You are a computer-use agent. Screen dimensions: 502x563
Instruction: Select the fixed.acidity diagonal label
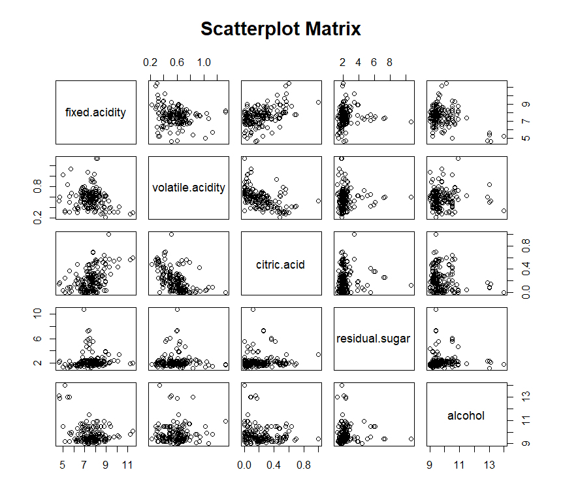point(96,112)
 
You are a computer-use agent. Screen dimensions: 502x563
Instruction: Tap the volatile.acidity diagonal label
point(189,188)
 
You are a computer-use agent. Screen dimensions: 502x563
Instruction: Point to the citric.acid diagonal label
point(281,265)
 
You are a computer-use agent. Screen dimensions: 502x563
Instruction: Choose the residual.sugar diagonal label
point(374,339)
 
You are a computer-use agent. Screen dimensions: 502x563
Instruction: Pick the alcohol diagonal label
point(466,415)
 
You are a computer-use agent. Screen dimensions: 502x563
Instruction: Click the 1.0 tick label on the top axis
point(204,63)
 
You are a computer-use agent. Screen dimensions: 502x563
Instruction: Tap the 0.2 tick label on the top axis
point(150,63)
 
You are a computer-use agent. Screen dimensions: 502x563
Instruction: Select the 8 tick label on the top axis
point(389,63)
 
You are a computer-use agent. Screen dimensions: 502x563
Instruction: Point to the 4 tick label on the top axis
point(358,63)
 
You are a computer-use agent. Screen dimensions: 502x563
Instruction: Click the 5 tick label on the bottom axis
point(62,465)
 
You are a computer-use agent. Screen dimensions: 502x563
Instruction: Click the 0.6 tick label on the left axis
point(38,189)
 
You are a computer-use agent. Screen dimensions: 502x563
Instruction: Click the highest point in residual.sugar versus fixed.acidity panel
point(84,309)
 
